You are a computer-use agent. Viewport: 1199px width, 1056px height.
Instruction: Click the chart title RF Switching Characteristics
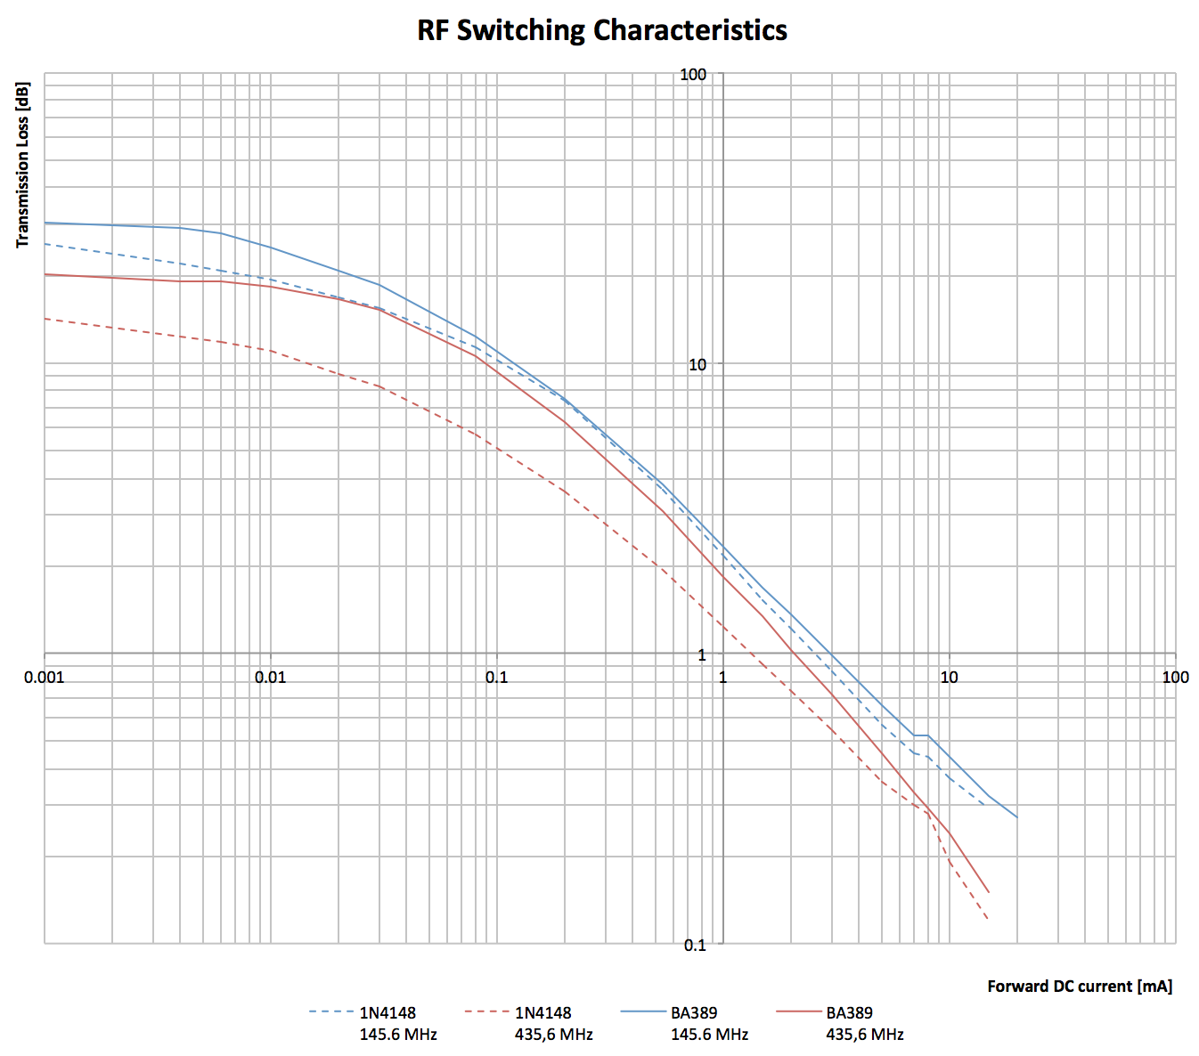coord(602,30)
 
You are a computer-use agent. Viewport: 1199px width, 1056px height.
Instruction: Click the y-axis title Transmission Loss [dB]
coord(23,165)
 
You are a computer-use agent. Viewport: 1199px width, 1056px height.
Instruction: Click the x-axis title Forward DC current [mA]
coord(1080,986)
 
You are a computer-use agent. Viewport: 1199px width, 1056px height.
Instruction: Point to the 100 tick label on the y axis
coord(693,74)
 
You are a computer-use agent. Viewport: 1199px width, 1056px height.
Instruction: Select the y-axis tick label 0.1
coord(695,945)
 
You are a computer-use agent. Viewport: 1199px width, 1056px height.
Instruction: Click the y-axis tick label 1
coord(701,654)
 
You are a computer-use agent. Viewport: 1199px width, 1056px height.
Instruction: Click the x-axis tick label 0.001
coord(45,677)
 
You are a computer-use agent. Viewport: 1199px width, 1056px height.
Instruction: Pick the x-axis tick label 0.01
coord(271,677)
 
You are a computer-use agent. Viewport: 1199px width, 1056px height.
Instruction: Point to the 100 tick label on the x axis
coord(1175,677)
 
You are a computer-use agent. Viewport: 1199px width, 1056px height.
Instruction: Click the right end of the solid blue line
coord(1017,817)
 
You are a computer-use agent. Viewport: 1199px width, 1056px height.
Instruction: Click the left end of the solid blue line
coord(45,223)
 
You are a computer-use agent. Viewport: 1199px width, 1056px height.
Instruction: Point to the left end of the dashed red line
coord(45,319)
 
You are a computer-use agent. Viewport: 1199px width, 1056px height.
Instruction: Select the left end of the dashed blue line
coord(45,243)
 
